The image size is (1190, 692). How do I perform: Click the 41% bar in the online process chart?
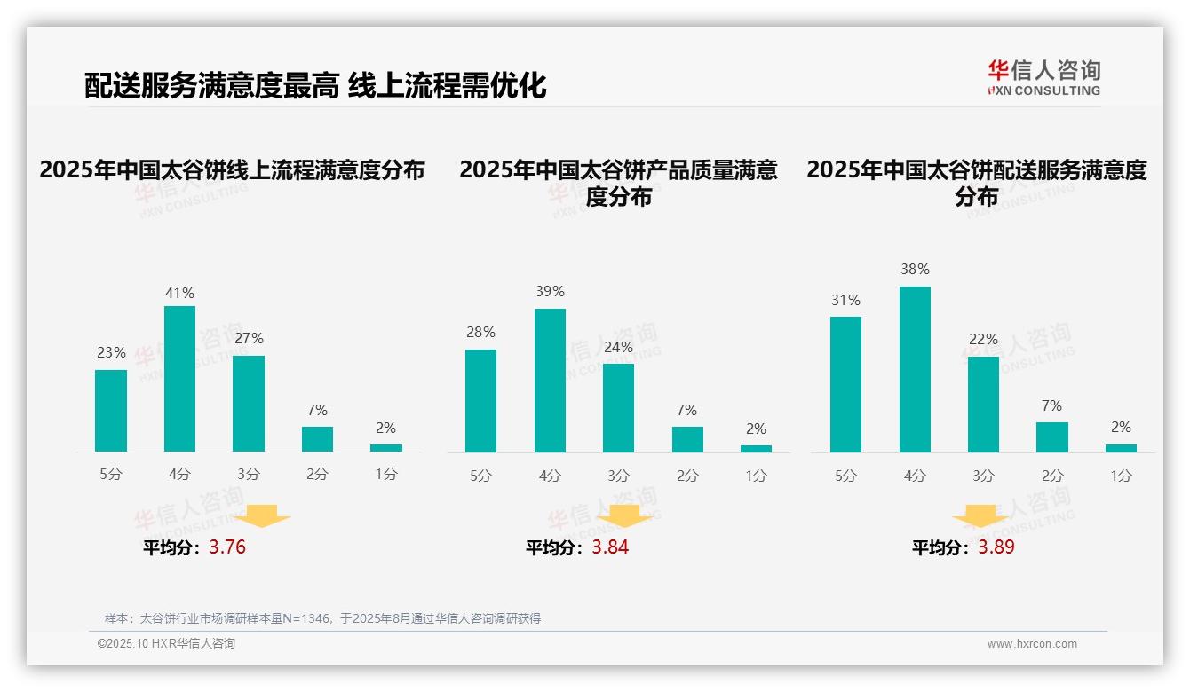[x=179, y=379]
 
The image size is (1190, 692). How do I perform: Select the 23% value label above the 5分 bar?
[x=111, y=352]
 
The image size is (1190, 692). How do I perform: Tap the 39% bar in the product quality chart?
[x=550, y=381]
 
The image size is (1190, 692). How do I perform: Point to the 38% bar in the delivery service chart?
[x=915, y=369]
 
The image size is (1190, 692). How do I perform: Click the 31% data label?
[x=845, y=300]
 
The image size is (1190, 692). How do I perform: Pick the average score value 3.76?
[x=227, y=547]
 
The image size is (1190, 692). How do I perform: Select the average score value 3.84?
[x=610, y=547]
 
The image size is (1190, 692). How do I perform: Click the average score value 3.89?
[x=996, y=547]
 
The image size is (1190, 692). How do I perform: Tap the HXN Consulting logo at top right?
[x=1043, y=78]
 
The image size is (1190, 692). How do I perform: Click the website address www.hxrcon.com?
[x=1032, y=644]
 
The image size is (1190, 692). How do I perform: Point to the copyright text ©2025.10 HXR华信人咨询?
[x=166, y=644]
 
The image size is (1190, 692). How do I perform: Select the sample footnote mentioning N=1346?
[x=322, y=618]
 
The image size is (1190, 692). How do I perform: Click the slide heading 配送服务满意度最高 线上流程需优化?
[x=315, y=85]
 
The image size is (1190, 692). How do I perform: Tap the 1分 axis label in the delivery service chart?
[x=1121, y=476]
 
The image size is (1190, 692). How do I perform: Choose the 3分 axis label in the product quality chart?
[x=618, y=476]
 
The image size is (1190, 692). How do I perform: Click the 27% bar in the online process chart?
[x=249, y=404]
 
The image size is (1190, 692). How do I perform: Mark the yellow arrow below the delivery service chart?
[x=980, y=518]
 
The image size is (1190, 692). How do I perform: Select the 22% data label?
[x=983, y=339]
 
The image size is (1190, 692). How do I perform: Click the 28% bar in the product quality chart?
[x=480, y=401]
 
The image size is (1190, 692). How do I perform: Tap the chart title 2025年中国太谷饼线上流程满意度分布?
[x=233, y=170]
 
